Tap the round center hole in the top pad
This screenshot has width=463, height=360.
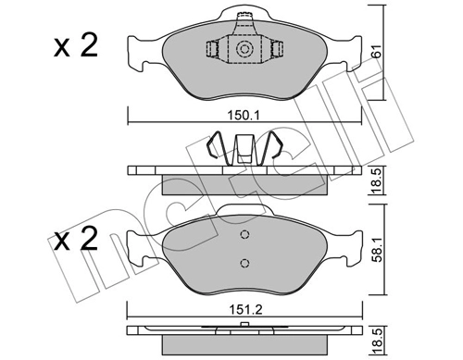tap(245, 50)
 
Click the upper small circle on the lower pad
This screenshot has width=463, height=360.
tap(244, 234)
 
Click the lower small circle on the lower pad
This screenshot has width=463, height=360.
tap(244, 263)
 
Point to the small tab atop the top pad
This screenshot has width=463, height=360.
tap(245, 18)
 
